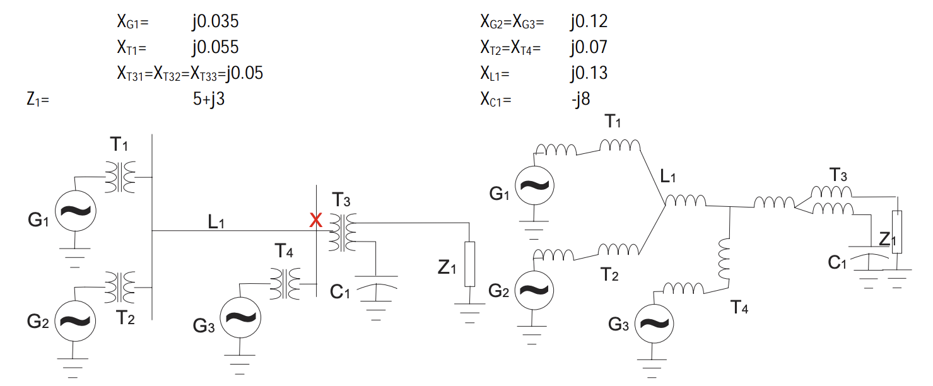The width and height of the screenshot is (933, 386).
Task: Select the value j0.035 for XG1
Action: (216, 22)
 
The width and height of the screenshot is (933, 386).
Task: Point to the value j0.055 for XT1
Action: (216, 47)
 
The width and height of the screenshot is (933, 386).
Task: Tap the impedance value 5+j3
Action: (209, 99)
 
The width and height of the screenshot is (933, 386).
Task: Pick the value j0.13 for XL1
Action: (588, 73)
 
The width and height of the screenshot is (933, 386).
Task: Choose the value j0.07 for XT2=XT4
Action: (588, 47)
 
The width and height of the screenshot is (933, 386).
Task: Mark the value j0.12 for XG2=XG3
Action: (588, 22)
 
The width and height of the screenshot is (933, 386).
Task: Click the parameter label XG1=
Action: (132, 23)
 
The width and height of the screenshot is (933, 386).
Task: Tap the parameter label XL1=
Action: (495, 74)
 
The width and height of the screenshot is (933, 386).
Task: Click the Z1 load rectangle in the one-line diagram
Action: (469, 264)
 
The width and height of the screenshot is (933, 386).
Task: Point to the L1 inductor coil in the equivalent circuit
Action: (686, 201)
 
